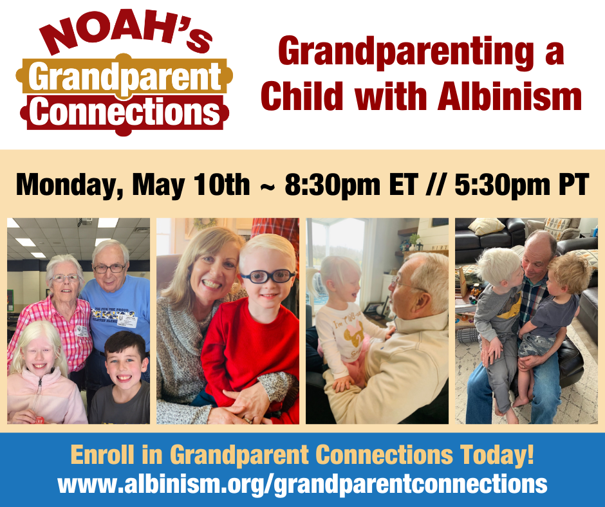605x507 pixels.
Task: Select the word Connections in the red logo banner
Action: click(125, 111)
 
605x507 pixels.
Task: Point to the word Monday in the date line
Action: click(66, 185)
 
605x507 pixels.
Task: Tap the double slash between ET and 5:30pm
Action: click(436, 185)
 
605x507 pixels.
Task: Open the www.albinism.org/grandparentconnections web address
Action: click(302, 484)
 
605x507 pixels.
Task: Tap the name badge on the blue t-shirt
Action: click(127, 320)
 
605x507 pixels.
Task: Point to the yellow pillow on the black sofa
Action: click(486, 226)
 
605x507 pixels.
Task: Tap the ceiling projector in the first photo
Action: click(86, 221)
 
